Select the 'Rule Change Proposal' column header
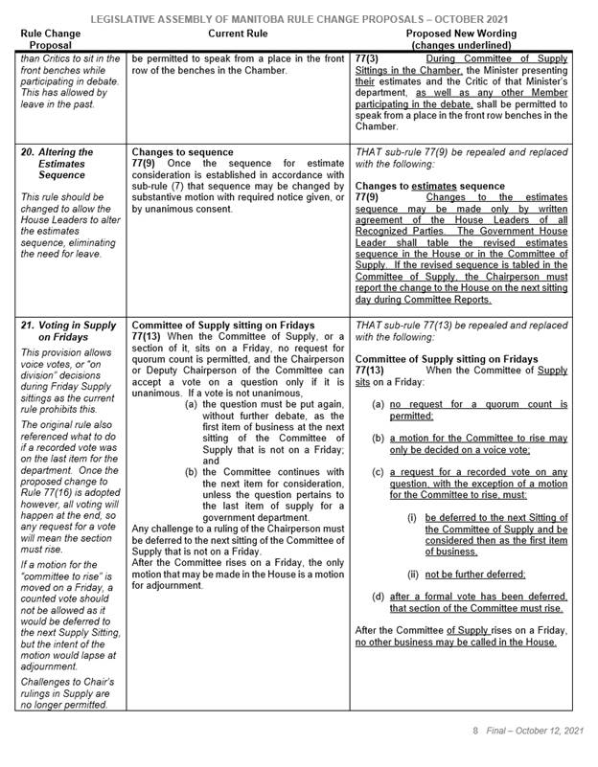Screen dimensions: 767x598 64,39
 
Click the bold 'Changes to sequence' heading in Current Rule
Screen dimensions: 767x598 181,152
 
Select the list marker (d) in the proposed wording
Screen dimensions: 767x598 379,597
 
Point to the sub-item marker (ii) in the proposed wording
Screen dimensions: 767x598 413,574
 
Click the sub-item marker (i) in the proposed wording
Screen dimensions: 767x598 412,516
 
